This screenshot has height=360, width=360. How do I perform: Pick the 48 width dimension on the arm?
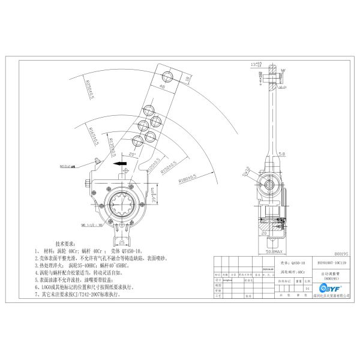(x=163, y=86)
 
